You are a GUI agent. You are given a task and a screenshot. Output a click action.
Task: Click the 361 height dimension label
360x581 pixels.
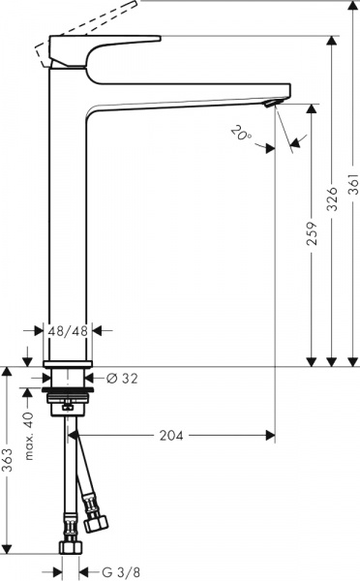(353, 197)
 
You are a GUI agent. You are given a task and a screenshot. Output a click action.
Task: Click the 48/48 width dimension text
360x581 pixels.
(68, 330)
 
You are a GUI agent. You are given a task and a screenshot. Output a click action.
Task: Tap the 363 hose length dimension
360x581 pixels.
(9, 465)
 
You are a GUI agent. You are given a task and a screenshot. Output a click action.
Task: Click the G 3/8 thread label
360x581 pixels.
(114, 570)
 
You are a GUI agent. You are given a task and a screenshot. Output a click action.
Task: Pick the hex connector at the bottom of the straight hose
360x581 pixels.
(69, 549)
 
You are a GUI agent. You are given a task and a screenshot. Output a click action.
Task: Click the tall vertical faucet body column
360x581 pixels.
(68, 223)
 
